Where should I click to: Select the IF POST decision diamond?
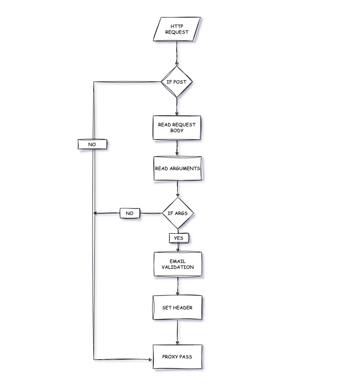[x=176, y=82]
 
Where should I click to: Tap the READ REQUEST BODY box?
[x=177, y=128]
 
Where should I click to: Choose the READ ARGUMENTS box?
[x=177, y=168]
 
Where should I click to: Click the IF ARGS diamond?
[x=178, y=213]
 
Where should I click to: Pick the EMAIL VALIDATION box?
[x=178, y=264]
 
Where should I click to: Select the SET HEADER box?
[x=177, y=307]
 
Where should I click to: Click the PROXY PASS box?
[x=177, y=357]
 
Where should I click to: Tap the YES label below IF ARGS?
[x=179, y=238]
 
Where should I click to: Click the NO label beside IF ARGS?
[x=130, y=213]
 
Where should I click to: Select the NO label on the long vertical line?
[x=92, y=144]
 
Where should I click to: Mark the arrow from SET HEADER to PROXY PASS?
[x=177, y=332]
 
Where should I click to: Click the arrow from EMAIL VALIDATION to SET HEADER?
[x=177, y=286]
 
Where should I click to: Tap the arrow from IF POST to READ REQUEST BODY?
[x=176, y=107]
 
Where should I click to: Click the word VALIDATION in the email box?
[x=178, y=267]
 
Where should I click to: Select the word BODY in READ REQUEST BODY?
[x=177, y=131]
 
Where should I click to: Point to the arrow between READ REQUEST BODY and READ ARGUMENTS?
[x=177, y=148]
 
